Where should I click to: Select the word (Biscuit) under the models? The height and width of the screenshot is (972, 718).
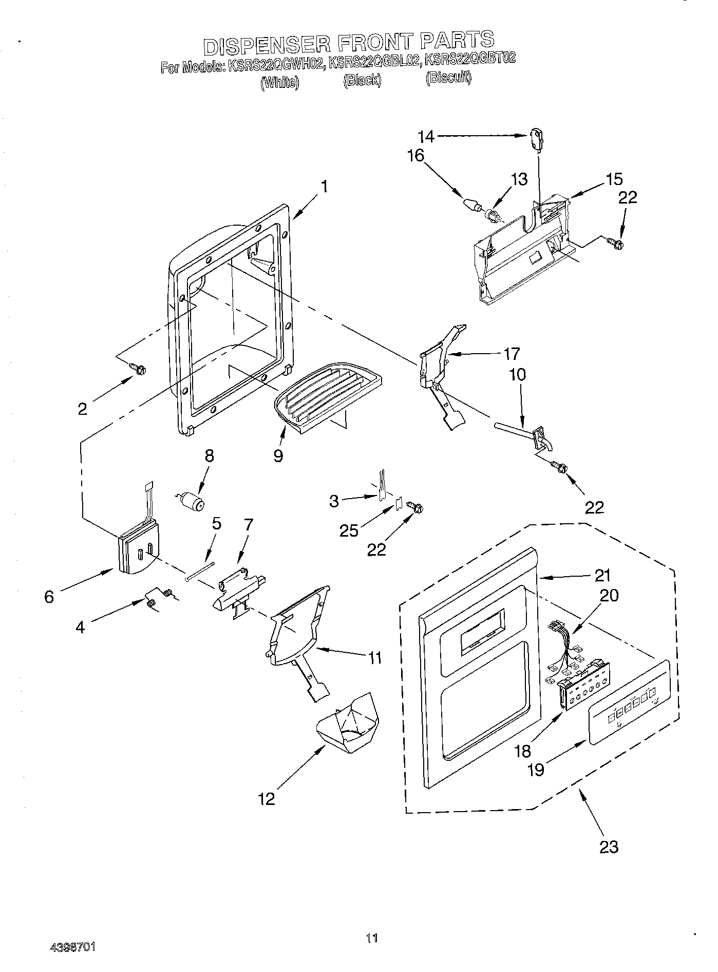pyautogui.click(x=448, y=78)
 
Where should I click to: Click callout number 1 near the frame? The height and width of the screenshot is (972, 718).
pyautogui.click(x=324, y=186)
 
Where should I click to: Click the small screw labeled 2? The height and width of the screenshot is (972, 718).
pyautogui.click(x=139, y=368)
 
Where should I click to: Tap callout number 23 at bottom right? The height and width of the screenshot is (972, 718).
pyautogui.click(x=609, y=846)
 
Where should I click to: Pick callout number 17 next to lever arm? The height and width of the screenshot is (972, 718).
pyautogui.click(x=512, y=354)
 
